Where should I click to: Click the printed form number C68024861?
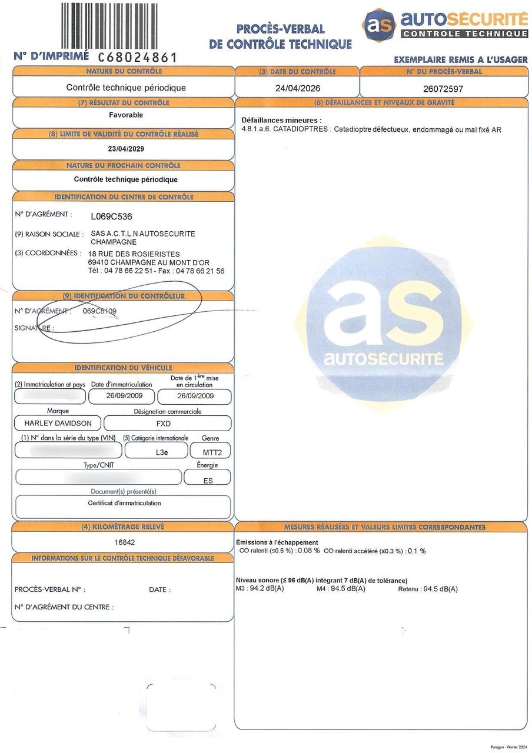point(137,57)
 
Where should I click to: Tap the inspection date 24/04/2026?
point(297,88)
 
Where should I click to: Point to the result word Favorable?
point(126,115)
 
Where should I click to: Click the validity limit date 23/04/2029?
point(126,149)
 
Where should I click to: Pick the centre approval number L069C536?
point(111,216)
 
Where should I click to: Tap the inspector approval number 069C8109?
point(99,311)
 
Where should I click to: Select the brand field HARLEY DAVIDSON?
point(58,423)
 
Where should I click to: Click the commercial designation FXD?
point(167,423)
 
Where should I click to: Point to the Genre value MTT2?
point(210,451)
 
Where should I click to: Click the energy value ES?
point(208,480)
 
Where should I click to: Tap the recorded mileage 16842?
point(125,542)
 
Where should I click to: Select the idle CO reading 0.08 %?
point(308,551)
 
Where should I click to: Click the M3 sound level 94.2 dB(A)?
point(267,588)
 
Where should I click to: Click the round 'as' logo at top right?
point(378,25)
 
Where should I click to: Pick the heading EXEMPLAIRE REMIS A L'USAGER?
point(460,59)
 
